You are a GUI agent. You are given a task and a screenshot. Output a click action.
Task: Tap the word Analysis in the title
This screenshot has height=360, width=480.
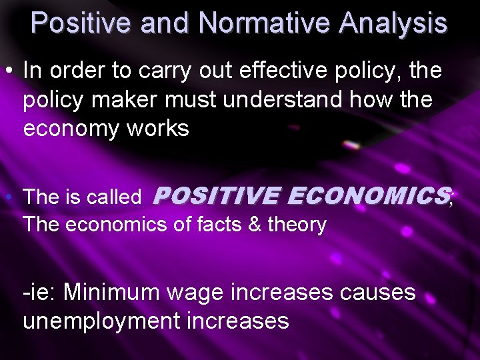tap(393, 23)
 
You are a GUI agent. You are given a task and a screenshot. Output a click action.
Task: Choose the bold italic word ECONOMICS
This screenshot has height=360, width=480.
tap(369, 195)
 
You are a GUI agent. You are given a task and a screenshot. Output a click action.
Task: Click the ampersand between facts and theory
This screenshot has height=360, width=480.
tap(254, 225)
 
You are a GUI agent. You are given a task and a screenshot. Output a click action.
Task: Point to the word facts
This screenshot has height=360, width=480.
tap(221, 225)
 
